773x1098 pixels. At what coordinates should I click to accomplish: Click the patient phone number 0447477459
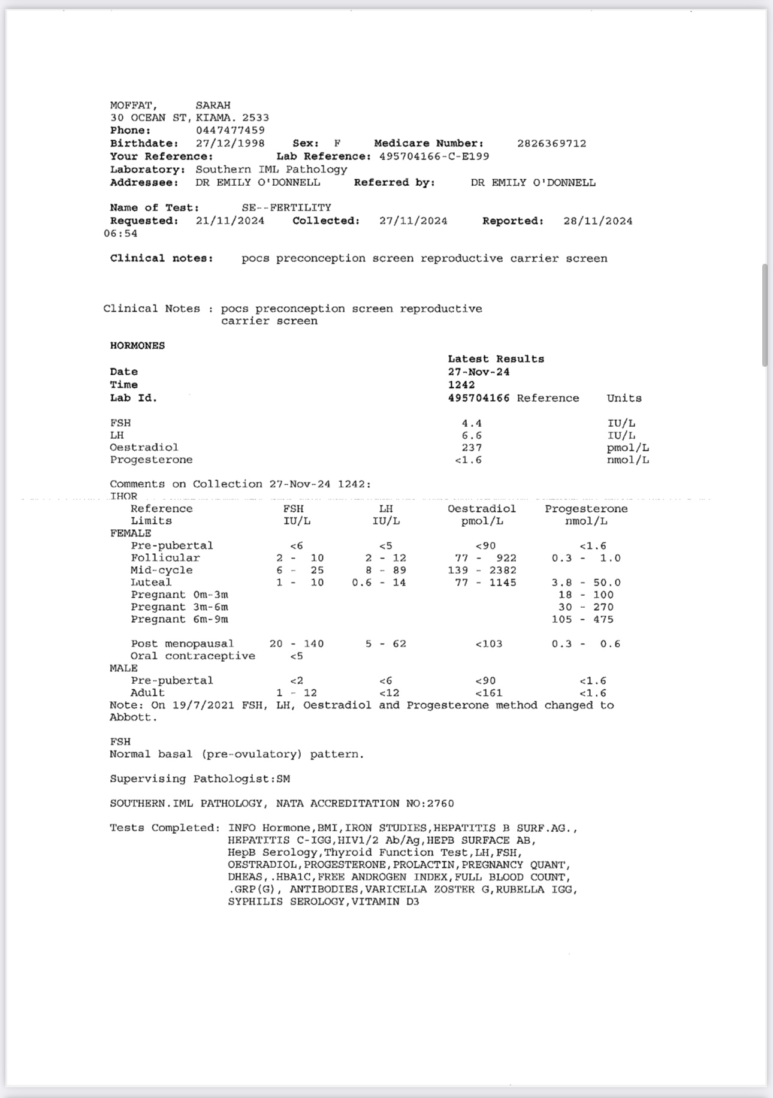tap(230, 131)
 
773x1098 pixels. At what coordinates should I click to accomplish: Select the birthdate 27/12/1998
tap(230, 144)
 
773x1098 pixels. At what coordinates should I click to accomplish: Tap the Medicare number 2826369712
tap(551, 144)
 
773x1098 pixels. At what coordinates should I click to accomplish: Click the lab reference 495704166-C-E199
tap(434, 156)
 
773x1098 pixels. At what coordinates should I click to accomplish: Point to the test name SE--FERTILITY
tap(286, 208)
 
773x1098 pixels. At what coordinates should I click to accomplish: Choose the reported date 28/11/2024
tap(597, 221)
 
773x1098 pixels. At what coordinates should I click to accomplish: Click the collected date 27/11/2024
tap(413, 221)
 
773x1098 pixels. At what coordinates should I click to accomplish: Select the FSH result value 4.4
tap(472, 423)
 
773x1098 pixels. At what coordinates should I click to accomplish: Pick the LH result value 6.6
tap(472, 436)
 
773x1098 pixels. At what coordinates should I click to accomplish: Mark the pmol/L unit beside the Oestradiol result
tap(627, 448)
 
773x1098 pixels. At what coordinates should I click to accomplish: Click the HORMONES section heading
tap(137, 346)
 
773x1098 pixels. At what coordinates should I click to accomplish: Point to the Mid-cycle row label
tap(162, 570)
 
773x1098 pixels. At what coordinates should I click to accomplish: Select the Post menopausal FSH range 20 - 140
tap(297, 644)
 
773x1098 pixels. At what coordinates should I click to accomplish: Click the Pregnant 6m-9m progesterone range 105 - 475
tap(582, 619)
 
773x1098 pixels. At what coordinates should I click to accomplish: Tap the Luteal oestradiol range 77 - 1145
tap(485, 583)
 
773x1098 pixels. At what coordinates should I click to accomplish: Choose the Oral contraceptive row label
tap(192, 656)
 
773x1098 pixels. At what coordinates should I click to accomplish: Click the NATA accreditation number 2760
tap(440, 804)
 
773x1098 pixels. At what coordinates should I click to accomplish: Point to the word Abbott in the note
tap(133, 717)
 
